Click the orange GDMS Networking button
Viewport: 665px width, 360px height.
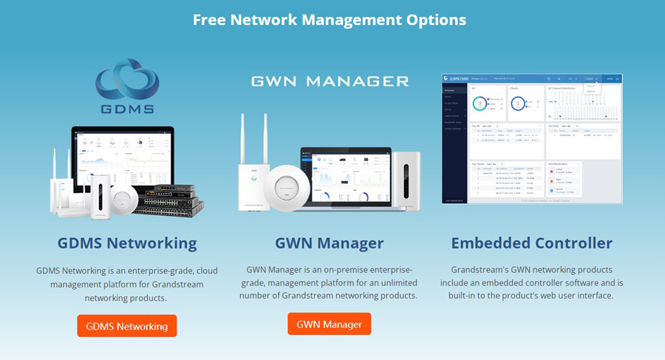point(126,326)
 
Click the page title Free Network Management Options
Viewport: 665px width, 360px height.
point(330,19)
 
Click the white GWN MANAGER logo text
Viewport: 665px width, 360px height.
point(330,81)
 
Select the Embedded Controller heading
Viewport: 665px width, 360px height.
point(531,243)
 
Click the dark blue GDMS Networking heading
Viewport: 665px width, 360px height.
point(127,243)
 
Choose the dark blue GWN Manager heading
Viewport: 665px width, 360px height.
point(329,243)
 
